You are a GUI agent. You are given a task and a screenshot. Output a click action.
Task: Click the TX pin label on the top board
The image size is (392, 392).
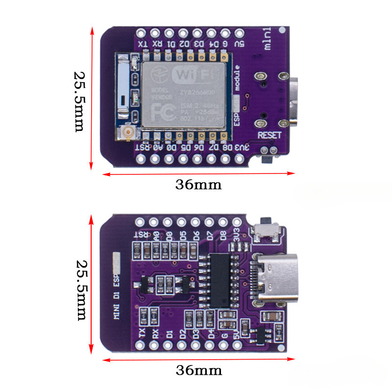142,45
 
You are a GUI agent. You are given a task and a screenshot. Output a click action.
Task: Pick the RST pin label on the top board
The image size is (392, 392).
142,147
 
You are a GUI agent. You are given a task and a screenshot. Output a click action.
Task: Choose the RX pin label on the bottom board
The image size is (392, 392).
155,334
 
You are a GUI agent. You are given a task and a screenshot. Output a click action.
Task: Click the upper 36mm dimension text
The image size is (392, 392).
198,185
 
